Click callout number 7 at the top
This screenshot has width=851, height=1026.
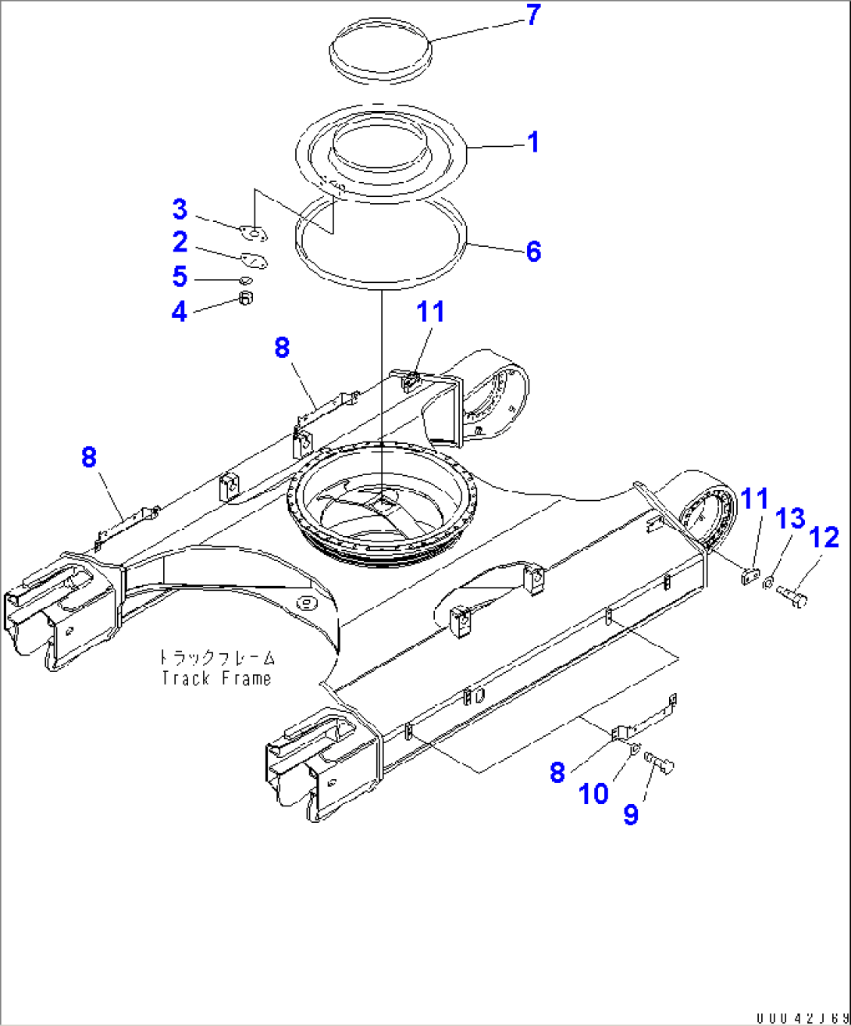coord(533,15)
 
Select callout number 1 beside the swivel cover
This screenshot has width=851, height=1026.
coord(533,143)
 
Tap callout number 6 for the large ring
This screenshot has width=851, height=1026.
coord(533,252)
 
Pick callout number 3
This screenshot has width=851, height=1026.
coord(180,209)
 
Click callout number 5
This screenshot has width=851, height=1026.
coord(180,277)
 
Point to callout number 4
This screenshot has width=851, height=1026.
coord(180,312)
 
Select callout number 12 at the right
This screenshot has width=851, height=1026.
coord(824,538)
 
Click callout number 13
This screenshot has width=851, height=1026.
coord(790,518)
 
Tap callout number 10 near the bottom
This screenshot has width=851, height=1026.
coord(593,794)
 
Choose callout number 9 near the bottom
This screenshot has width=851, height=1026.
coord(631,814)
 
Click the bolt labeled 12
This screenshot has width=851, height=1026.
coord(792,597)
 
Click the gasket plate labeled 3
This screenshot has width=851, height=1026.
coord(252,232)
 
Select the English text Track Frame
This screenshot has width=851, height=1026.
coord(216,678)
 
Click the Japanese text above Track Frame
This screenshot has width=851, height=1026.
coord(216,658)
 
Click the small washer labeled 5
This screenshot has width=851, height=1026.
coord(245,281)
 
